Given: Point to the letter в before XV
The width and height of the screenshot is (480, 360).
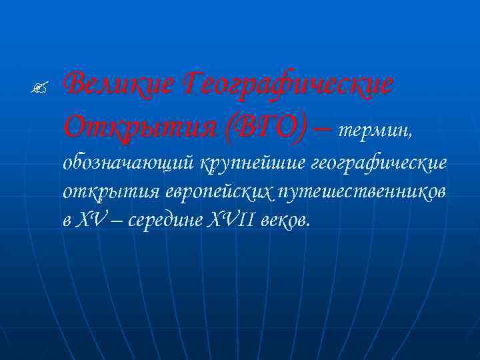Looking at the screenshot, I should coord(68,221).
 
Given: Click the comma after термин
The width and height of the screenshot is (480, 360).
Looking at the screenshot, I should coord(415,133).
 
